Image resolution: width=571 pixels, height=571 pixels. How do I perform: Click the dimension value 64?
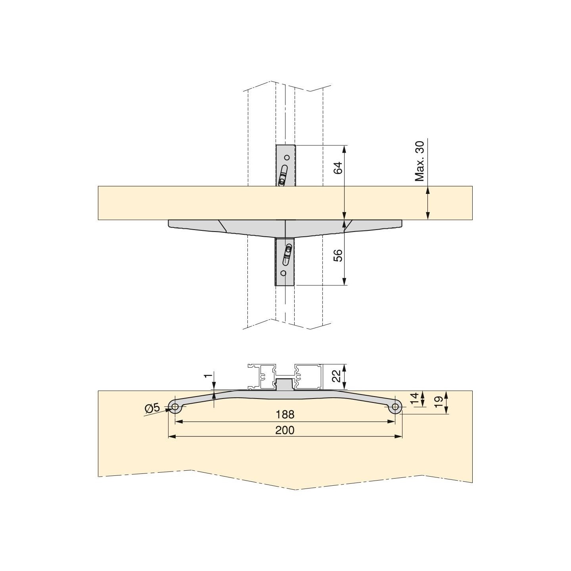tap(338, 168)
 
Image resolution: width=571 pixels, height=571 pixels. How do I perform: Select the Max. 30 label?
tap(420, 161)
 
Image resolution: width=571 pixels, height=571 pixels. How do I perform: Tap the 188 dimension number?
tap(285, 414)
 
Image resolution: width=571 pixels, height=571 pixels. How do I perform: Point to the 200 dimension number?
tap(285, 430)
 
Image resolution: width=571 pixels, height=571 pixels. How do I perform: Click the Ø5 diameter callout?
tap(152, 407)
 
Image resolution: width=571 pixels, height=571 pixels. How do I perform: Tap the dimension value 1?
tap(207, 376)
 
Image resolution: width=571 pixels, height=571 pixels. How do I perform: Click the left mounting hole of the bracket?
tap(175, 406)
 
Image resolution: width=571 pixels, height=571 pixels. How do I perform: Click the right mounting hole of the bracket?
tap(395, 406)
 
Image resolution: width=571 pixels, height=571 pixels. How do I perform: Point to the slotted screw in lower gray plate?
tap(287, 255)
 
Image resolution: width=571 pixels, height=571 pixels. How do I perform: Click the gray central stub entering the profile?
tap(285, 384)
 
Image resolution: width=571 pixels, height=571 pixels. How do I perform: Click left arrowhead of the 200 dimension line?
tap(171, 437)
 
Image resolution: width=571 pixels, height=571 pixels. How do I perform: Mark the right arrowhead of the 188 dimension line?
tap(393, 422)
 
